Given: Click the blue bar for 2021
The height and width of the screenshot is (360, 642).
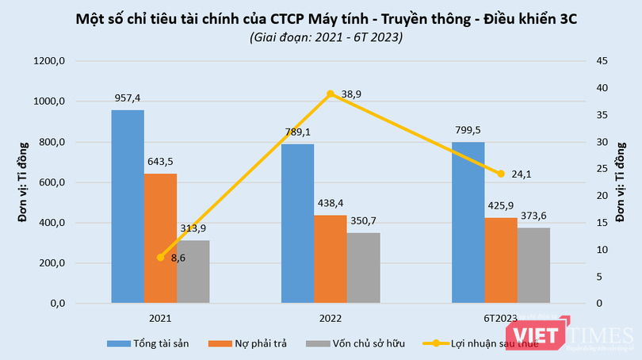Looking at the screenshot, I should (x=128, y=206).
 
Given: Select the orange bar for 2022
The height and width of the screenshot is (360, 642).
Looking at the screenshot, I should (x=331, y=259).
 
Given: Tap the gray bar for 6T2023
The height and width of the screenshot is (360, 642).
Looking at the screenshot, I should (x=534, y=265).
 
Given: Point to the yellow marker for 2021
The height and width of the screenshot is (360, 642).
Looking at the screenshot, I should (x=161, y=257).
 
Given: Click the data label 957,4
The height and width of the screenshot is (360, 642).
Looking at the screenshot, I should (x=127, y=98).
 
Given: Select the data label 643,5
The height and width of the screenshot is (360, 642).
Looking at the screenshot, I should (x=161, y=161).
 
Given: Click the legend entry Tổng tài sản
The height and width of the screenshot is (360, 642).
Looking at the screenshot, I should (x=156, y=343).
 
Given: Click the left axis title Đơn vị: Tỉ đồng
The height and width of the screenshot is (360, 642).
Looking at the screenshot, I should (x=24, y=182).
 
